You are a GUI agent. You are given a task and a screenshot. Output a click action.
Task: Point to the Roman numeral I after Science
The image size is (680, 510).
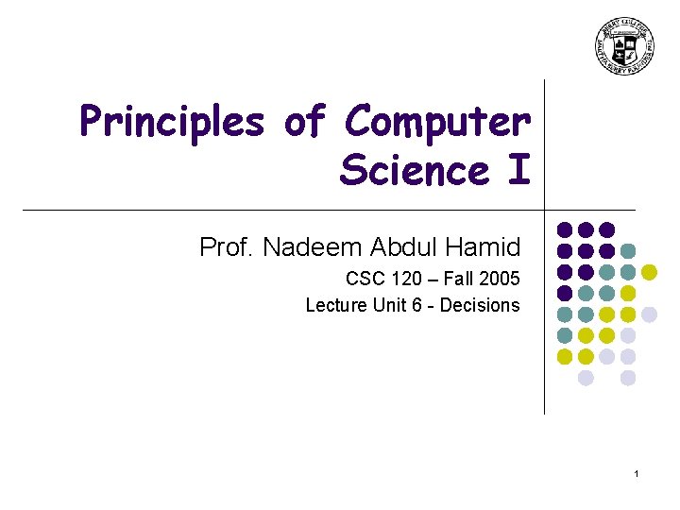[x=519, y=171]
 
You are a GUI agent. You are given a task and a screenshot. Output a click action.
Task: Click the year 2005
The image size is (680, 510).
[x=500, y=280]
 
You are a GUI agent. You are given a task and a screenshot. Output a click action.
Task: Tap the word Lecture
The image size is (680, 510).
[x=334, y=305]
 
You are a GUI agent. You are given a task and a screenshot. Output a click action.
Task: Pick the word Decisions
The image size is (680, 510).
[x=480, y=305]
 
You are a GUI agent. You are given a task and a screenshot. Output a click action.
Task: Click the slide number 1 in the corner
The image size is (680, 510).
[x=637, y=472]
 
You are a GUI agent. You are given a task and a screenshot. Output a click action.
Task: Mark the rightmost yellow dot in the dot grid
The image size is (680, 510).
[x=649, y=272]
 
